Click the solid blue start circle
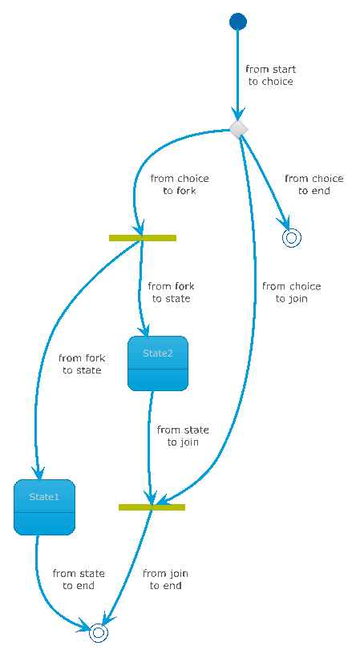click(237, 21)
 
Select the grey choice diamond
click(239, 130)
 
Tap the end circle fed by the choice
click(291, 238)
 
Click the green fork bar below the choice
click(143, 238)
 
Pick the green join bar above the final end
click(152, 507)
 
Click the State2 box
click(158, 363)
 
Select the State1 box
click(44, 507)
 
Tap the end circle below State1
click(99, 632)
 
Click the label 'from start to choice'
click(271, 75)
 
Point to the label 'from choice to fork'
click(180, 184)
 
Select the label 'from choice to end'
click(314, 184)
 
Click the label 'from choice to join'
click(292, 293)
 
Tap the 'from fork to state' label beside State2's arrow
click(171, 293)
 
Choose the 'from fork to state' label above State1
click(82, 364)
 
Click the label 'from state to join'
click(183, 436)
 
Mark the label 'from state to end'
click(79, 579)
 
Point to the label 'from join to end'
click(165, 579)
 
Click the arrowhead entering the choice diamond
click(238, 114)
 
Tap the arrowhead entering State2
click(145, 330)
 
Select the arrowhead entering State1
click(39, 473)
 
